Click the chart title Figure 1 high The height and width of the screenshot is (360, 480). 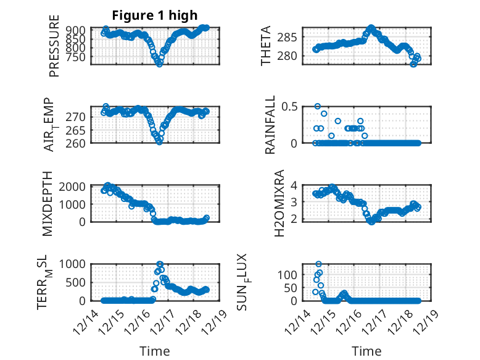pos(154,15)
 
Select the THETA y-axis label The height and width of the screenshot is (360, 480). pos(266,46)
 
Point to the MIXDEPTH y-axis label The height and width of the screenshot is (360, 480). pos(49,204)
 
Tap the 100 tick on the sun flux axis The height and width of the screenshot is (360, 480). pos(291,274)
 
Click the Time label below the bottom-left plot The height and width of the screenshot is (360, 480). pos(154,351)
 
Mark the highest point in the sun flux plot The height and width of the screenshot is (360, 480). pos(319,264)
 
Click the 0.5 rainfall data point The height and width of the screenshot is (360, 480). pos(318,106)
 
